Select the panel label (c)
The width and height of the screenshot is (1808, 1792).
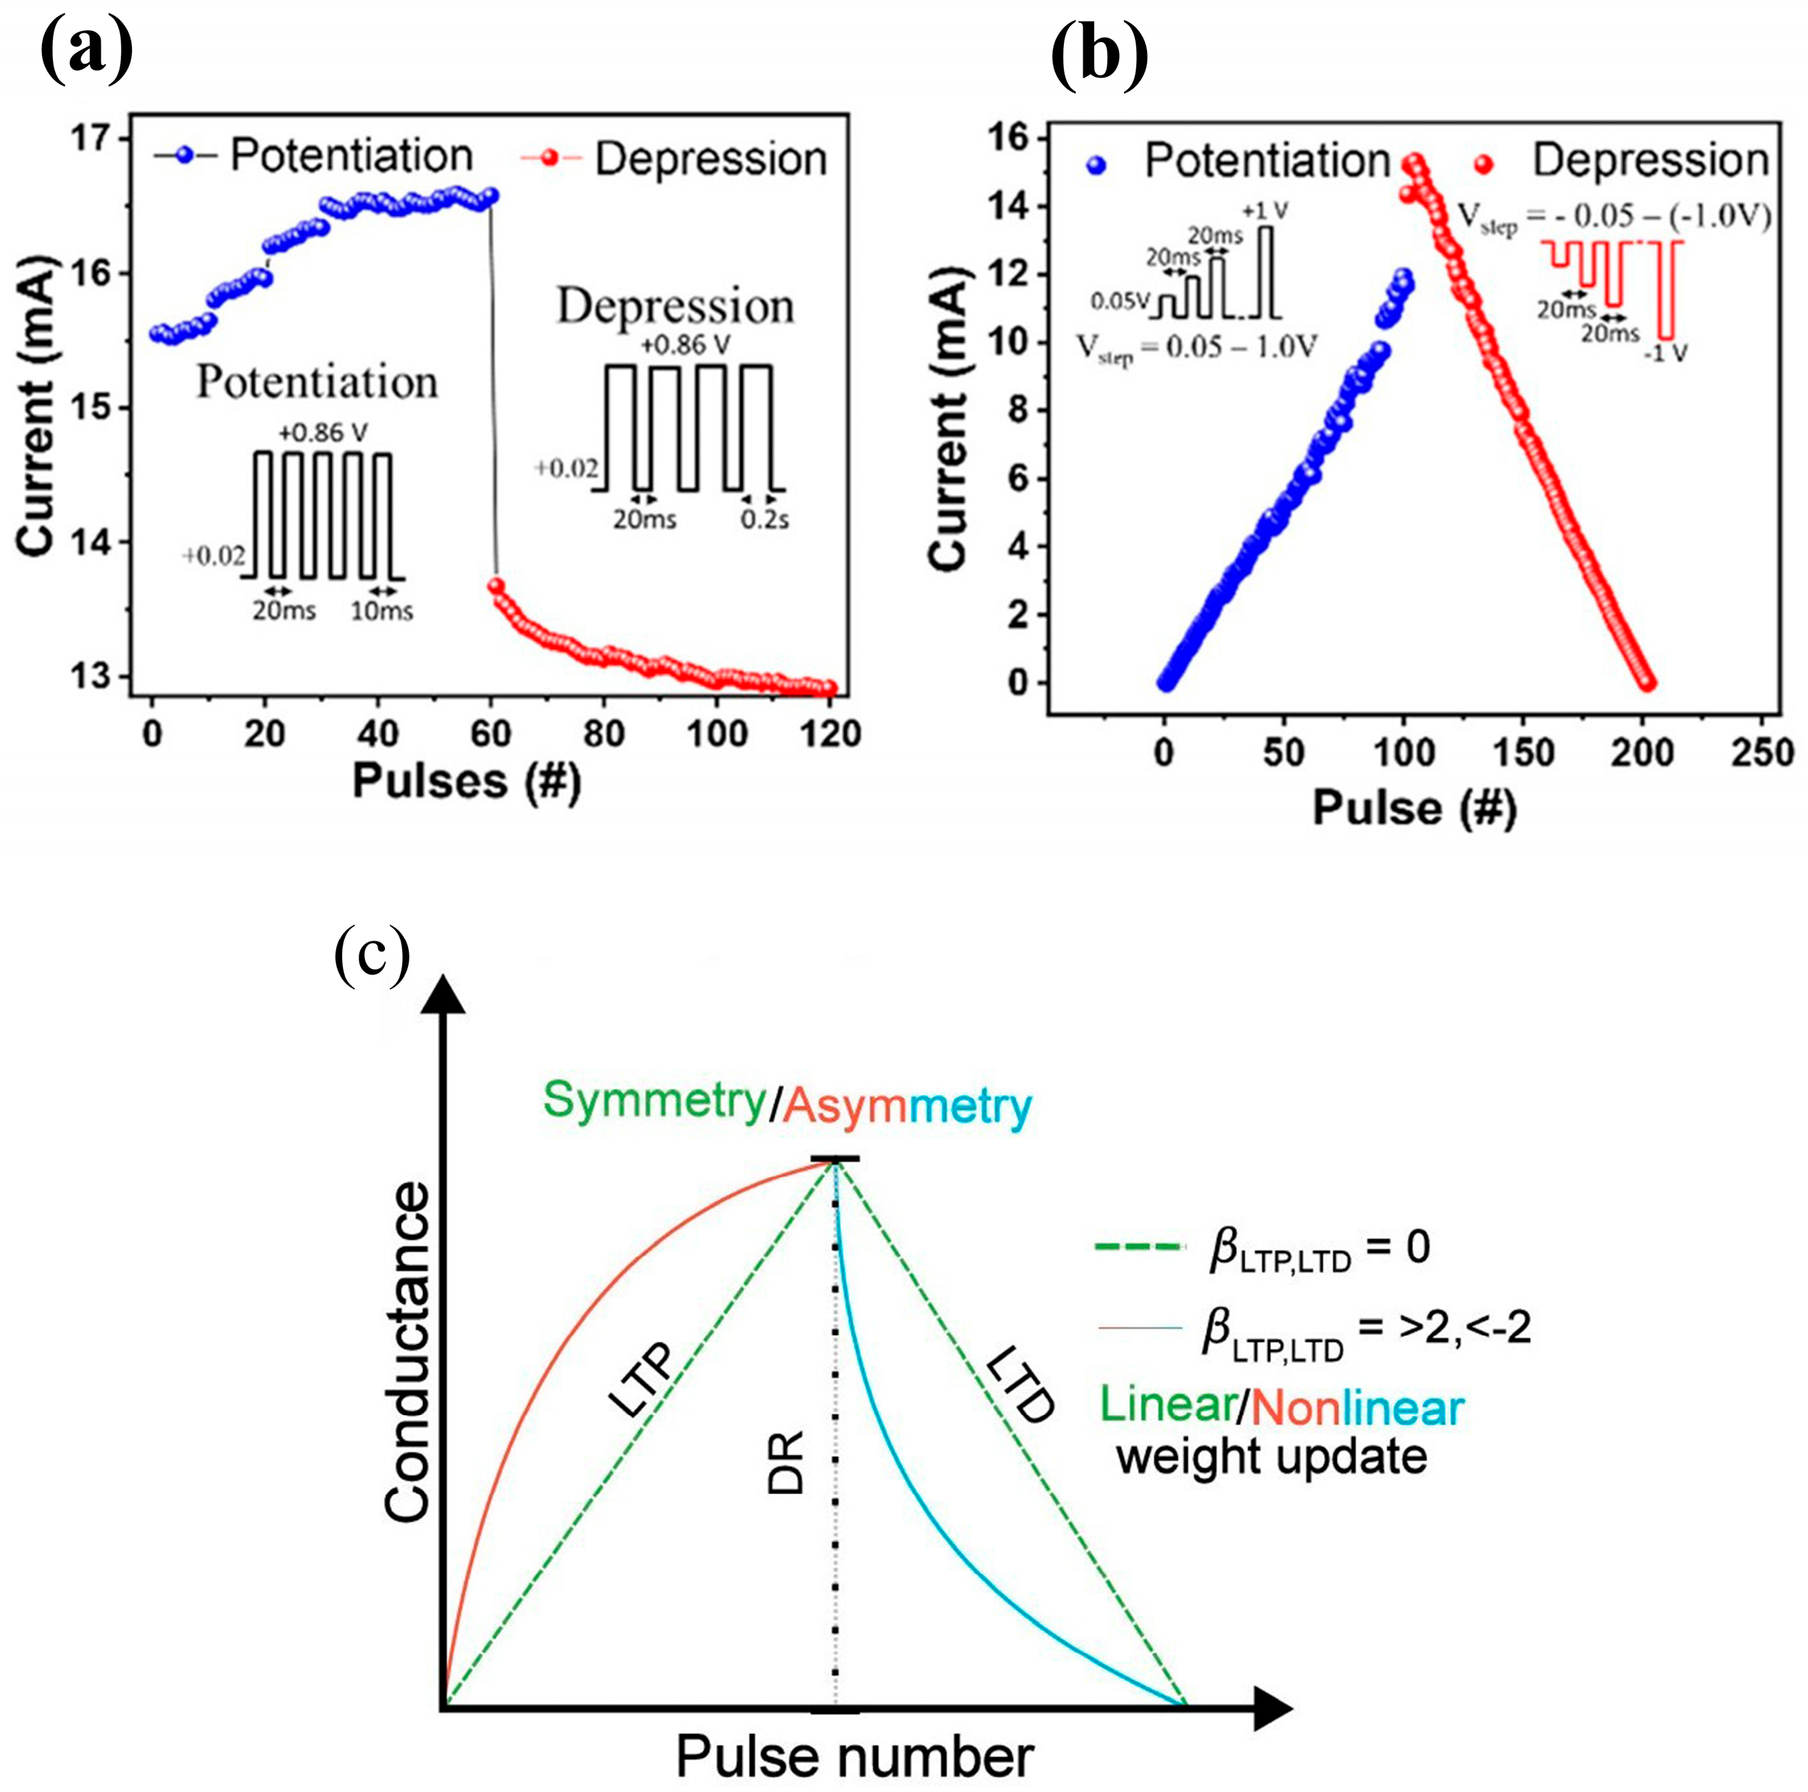[372, 954]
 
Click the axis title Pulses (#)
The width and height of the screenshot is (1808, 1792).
[466, 781]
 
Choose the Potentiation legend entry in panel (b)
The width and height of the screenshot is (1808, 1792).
[1266, 162]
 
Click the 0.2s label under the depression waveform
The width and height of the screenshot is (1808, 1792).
[765, 520]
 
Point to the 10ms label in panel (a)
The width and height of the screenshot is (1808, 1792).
[382, 611]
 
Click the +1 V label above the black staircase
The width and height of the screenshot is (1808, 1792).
[1265, 211]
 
